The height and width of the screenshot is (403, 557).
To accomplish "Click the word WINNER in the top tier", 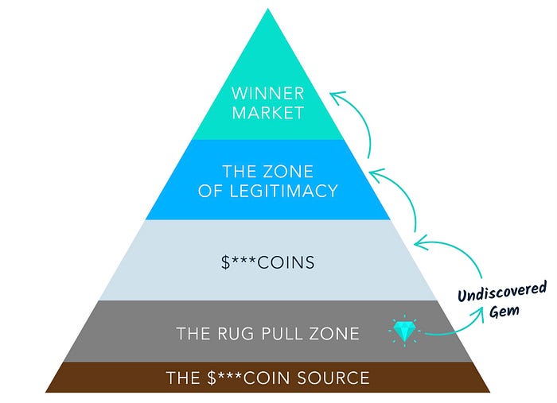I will pos(267,92).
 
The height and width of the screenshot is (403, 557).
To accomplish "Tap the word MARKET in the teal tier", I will pos(267,112).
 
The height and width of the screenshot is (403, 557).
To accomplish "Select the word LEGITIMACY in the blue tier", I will pos(292,191).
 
